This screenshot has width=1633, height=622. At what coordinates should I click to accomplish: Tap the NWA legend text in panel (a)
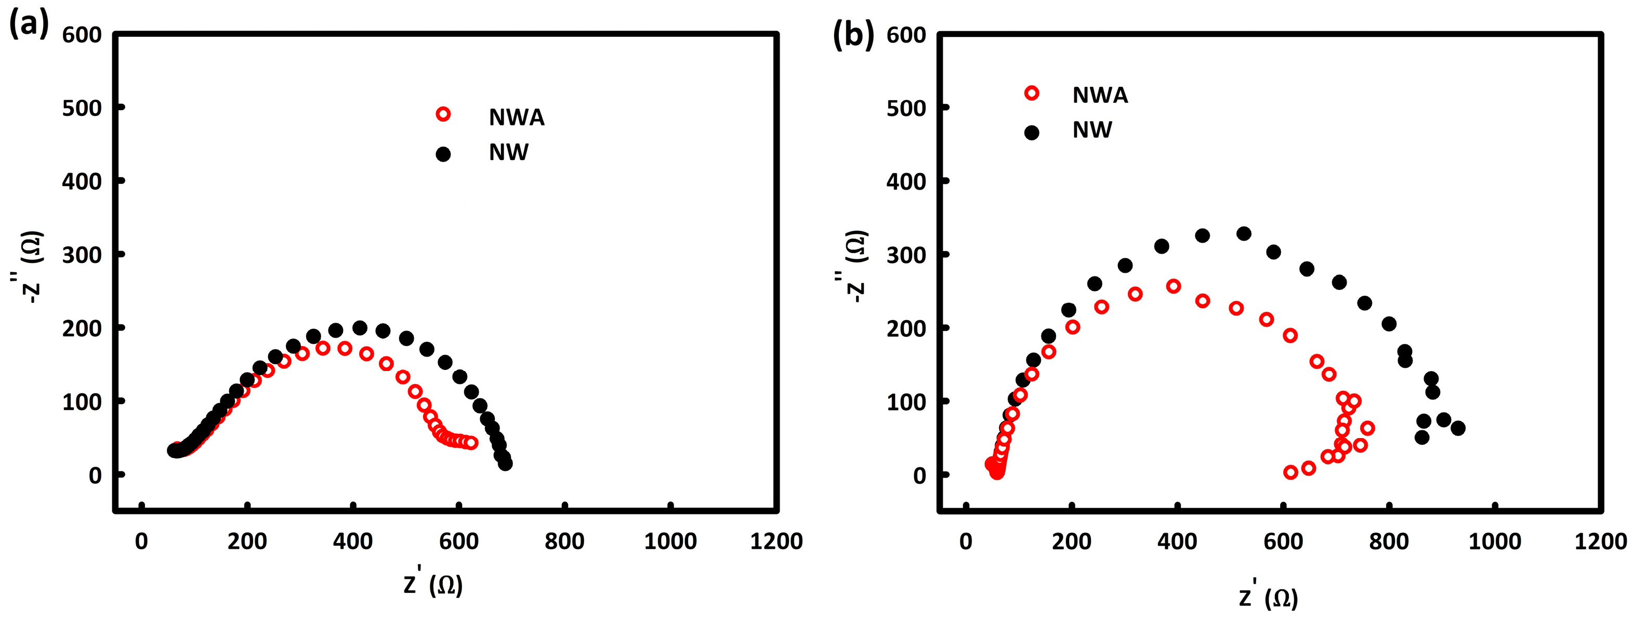(x=516, y=117)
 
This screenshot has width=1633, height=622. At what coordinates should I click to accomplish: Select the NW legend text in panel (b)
(x=1091, y=130)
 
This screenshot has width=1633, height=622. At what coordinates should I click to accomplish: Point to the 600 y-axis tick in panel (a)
(x=82, y=35)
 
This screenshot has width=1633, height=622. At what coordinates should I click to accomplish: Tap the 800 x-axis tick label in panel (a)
(x=564, y=541)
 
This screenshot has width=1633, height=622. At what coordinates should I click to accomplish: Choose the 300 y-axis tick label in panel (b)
(x=906, y=255)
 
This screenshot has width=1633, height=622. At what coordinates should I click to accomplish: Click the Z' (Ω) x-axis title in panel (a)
(x=433, y=585)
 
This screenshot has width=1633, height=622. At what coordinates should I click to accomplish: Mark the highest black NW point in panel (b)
(x=1244, y=233)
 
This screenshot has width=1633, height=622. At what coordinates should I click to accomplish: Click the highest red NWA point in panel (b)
(x=1174, y=286)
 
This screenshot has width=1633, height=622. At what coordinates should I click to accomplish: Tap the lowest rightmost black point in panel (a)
(x=505, y=464)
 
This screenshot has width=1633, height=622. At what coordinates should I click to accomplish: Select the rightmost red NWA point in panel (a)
(x=471, y=443)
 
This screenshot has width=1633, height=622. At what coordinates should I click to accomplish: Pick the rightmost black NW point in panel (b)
(x=1457, y=428)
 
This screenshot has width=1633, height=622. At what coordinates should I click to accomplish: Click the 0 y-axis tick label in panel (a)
(x=95, y=475)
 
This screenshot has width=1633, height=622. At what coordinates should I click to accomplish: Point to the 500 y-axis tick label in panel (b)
(x=906, y=109)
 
